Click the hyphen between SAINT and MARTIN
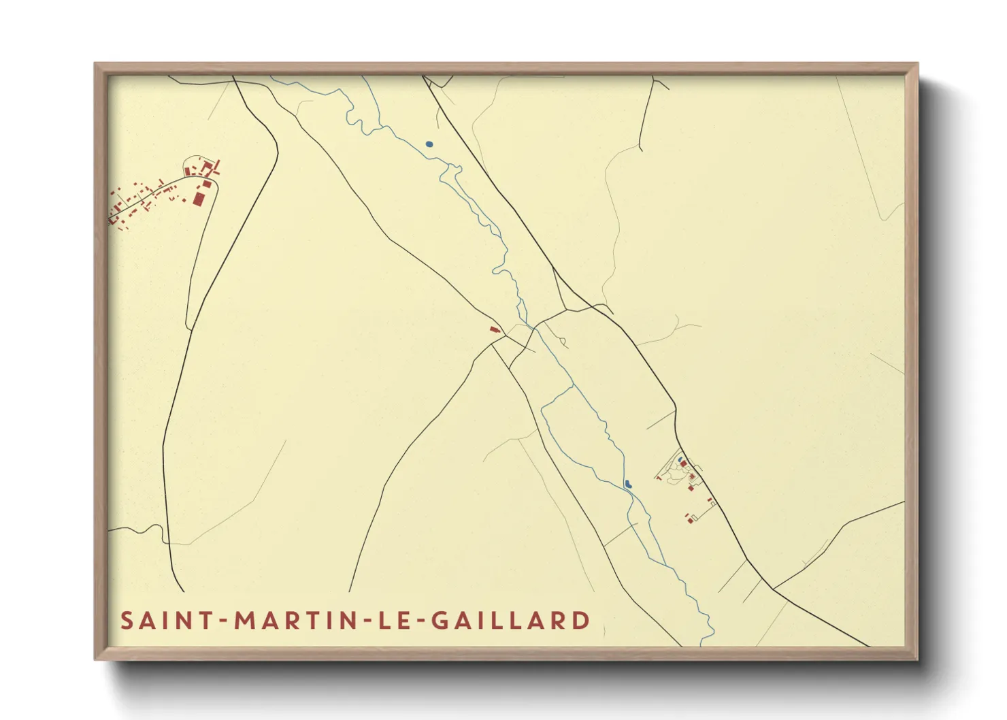click(x=222, y=621)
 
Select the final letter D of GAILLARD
click(x=581, y=621)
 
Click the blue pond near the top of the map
click(x=429, y=144)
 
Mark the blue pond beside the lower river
click(x=628, y=484)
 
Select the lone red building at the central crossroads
click(x=495, y=329)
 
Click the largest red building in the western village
click(x=199, y=198)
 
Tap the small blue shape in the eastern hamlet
click(x=680, y=461)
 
